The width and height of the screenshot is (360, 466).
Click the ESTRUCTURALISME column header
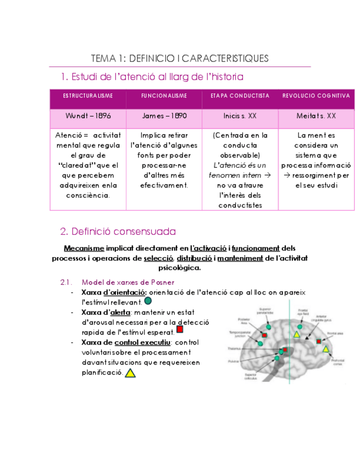(x=88, y=96)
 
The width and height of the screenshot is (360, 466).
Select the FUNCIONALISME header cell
(x=164, y=96)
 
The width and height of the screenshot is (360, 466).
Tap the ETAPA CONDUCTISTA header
(x=240, y=96)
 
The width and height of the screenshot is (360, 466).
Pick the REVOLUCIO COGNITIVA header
(x=316, y=96)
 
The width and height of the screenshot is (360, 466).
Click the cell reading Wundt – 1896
(x=88, y=116)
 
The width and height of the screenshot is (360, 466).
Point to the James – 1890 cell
(x=164, y=116)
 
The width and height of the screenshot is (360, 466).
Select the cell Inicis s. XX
(x=240, y=116)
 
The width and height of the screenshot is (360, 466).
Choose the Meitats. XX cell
(x=316, y=116)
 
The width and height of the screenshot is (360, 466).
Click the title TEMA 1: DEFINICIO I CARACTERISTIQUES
(x=180, y=58)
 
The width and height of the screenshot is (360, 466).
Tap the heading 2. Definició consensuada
(x=118, y=231)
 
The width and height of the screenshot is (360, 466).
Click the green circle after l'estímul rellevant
(x=148, y=301)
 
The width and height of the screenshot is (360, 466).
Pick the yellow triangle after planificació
(x=130, y=373)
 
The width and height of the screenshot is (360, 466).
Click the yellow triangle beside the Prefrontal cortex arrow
(x=325, y=349)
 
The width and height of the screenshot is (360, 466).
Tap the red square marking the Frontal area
(x=319, y=341)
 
